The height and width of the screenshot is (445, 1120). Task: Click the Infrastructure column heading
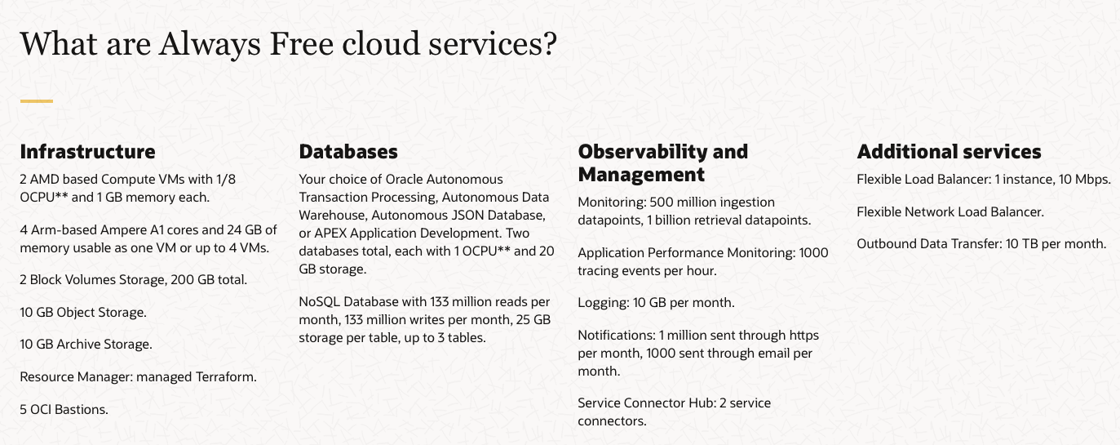point(87,152)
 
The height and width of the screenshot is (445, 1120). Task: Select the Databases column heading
point(348,152)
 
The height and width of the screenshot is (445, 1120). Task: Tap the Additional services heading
point(949,152)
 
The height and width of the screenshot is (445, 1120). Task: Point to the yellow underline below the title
point(37,101)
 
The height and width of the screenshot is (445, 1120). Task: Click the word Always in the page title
point(210,44)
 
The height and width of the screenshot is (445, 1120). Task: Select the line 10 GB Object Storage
point(83,313)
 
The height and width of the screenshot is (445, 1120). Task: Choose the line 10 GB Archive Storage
point(86,345)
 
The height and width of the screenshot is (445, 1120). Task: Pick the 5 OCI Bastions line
point(64,409)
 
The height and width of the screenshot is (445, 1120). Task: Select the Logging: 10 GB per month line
point(656,303)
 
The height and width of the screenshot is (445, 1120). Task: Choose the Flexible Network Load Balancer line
point(950,211)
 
